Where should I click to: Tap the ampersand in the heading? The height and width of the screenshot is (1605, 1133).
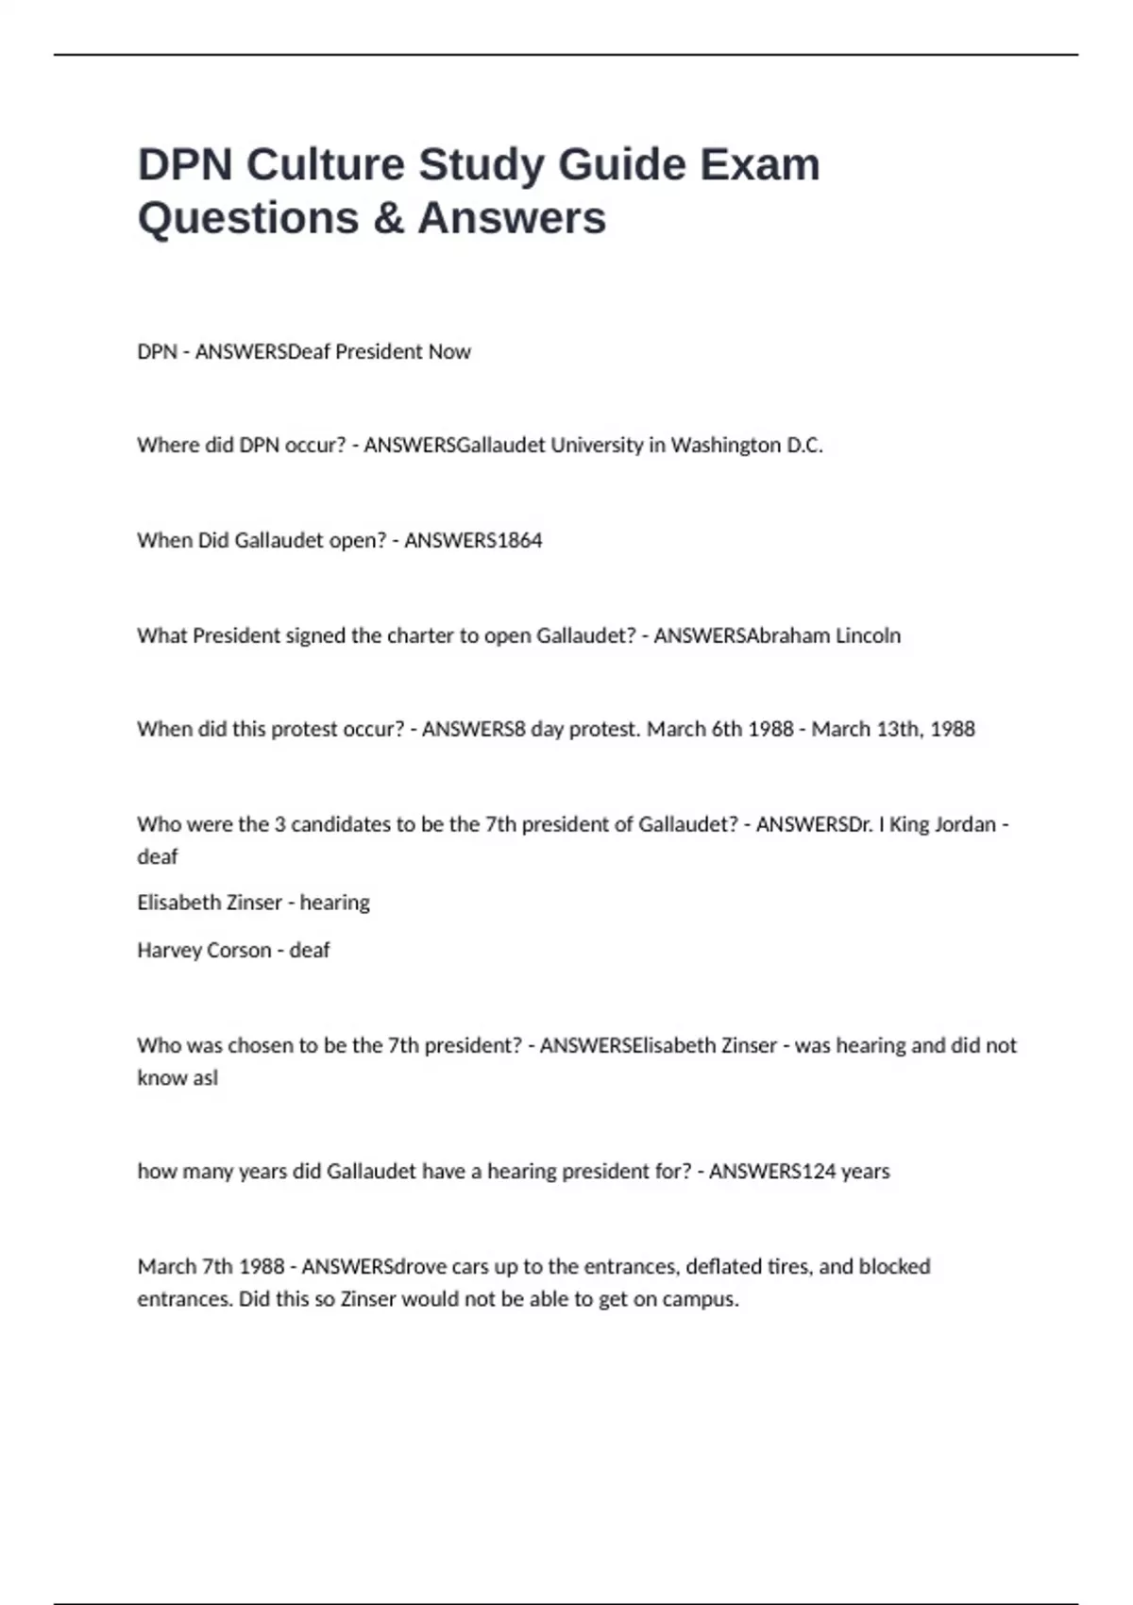(388, 218)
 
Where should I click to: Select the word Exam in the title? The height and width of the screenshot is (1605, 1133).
(759, 165)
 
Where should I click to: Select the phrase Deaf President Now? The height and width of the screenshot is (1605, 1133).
(379, 352)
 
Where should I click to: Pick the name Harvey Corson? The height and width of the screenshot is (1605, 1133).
(204, 950)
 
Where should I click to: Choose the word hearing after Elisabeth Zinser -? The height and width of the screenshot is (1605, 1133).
(335, 903)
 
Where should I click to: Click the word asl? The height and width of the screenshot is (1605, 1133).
(205, 1078)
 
